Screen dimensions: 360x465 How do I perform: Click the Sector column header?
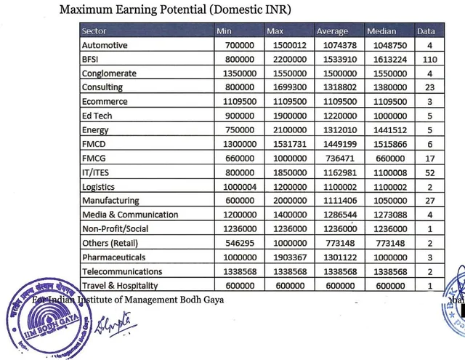(x=94, y=31)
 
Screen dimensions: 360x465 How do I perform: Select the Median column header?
(x=381, y=31)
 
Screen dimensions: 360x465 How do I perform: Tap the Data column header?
(x=426, y=31)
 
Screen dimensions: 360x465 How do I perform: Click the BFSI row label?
(x=91, y=60)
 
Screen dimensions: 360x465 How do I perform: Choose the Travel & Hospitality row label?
(x=120, y=286)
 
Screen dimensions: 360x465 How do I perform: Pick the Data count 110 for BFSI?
(x=428, y=60)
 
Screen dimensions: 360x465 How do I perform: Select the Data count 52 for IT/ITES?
(x=428, y=172)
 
